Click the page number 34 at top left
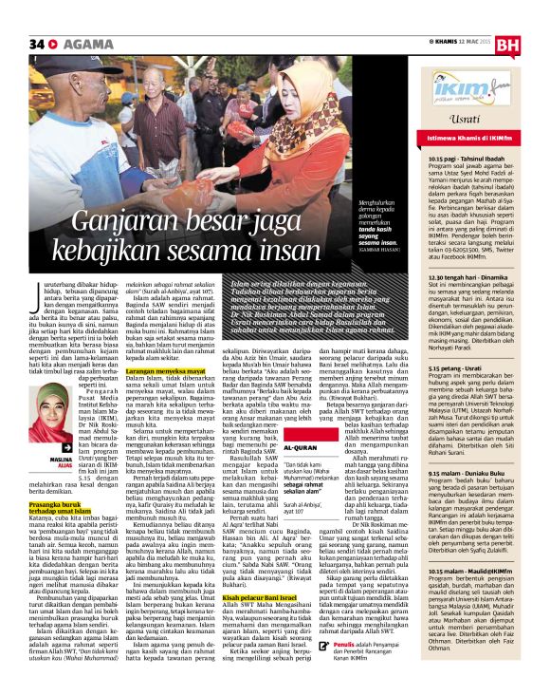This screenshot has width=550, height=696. point(37,43)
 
